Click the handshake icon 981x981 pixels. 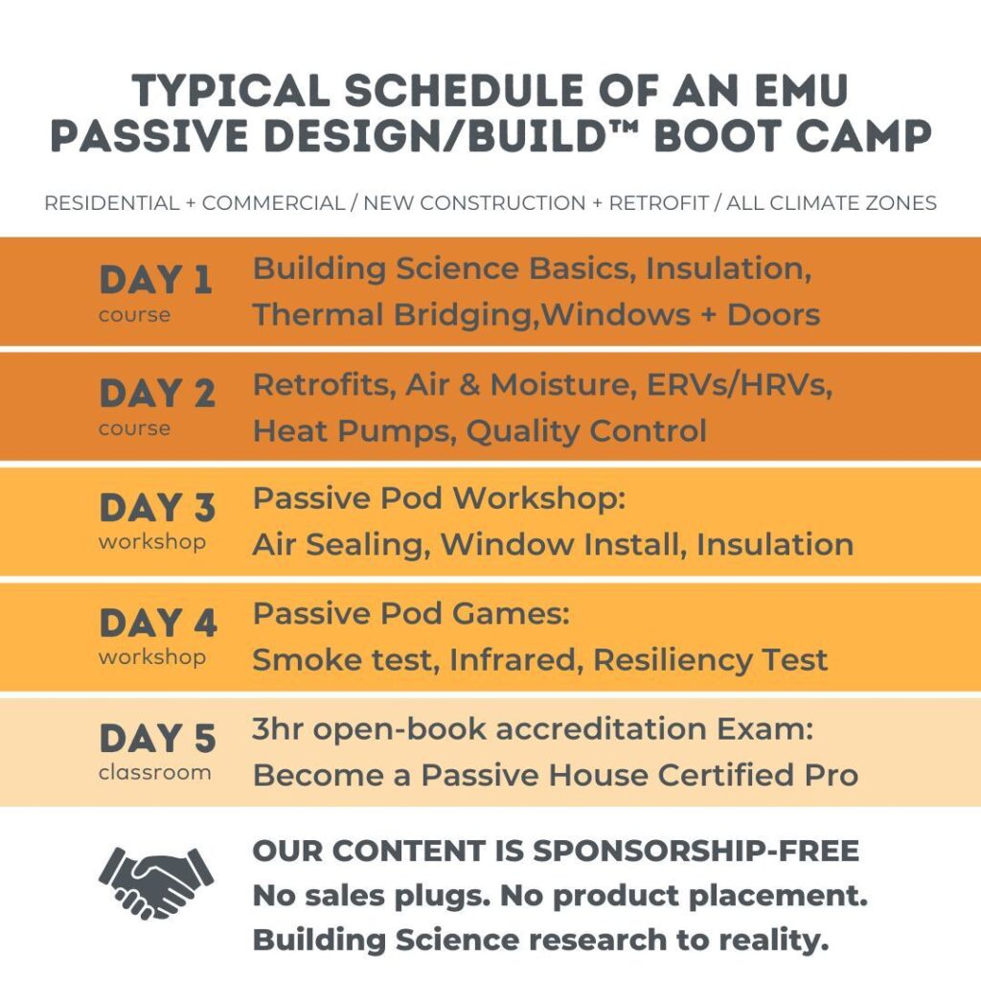156,882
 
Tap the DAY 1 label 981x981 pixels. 156,280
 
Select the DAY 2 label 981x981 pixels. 157,394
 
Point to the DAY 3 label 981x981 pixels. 157,508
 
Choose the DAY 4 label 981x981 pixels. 158,623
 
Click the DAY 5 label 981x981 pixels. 158,739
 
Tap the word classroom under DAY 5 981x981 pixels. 154,773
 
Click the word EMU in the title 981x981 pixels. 802,91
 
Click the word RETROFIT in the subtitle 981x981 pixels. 659,203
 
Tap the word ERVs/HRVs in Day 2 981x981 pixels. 739,384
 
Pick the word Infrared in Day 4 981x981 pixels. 516,659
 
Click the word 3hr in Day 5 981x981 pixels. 278,729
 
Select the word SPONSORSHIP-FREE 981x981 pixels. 696,851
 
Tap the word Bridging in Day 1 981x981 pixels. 463,315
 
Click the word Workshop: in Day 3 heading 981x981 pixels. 538,498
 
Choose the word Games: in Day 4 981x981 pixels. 511,614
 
